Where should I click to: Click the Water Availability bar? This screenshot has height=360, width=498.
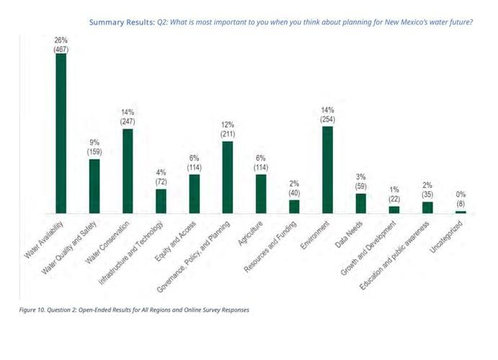(61, 133)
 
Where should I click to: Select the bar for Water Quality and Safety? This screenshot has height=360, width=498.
(94, 186)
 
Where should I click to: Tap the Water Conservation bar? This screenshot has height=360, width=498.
(128, 171)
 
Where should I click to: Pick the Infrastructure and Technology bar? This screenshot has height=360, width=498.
(161, 201)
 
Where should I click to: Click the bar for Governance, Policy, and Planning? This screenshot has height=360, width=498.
(228, 177)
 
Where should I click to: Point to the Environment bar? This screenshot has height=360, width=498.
(328, 170)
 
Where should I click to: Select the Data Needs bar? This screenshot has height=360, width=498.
(361, 203)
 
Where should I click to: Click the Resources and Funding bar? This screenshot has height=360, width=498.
(294, 207)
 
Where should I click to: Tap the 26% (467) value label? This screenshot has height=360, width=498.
(61, 45)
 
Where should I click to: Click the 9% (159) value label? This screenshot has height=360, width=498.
(94, 148)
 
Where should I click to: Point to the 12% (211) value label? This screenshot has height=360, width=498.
(228, 130)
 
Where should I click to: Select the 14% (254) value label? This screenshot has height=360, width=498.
(328, 114)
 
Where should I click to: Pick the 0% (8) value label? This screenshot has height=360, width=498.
(461, 199)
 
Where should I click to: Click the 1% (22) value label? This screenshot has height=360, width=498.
(394, 194)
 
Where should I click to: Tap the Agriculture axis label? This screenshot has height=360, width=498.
(251, 235)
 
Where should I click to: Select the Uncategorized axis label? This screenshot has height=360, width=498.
(447, 237)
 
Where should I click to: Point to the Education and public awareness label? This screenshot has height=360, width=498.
(394, 253)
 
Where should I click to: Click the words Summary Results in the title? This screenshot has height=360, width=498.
(121, 22)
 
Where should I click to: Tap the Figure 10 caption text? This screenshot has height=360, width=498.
(134, 310)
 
